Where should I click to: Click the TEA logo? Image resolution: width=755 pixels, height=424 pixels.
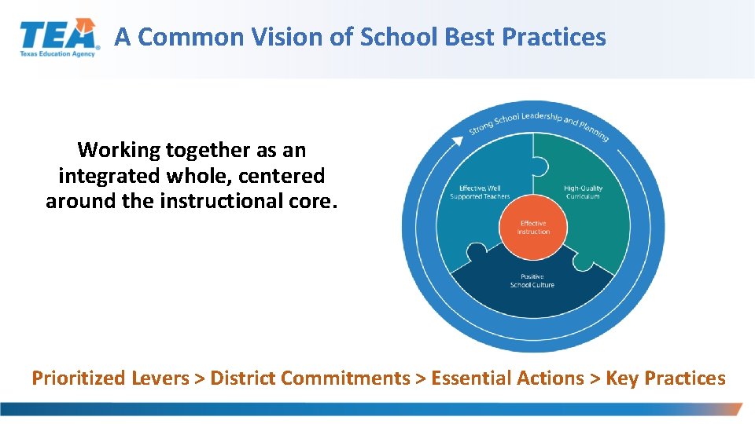click(59, 36)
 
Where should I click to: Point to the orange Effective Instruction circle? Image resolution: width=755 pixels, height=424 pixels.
click(534, 228)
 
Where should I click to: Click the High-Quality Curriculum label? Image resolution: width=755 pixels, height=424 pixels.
click(582, 192)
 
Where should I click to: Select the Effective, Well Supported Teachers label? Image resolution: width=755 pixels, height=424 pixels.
click(480, 192)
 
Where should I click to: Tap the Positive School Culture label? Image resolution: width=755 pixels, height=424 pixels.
click(532, 280)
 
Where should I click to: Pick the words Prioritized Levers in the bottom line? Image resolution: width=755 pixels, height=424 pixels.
click(110, 378)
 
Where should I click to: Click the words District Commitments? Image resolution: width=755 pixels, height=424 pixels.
click(310, 378)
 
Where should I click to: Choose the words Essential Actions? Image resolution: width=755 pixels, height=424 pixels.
click(508, 378)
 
